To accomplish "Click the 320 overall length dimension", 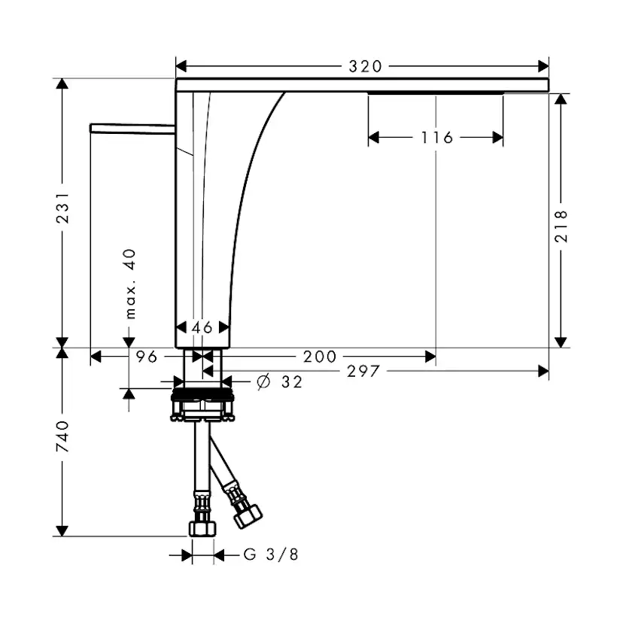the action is tap(365, 66).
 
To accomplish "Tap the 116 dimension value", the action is tap(436, 138).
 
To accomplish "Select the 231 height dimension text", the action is tap(62, 208).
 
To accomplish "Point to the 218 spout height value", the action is tap(561, 226).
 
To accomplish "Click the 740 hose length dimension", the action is tap(62, 436).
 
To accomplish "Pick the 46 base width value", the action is tap(202, 328).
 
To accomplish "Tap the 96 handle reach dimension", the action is tap(147, 357).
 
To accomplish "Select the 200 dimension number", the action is tap(320, 357).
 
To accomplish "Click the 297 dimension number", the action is tap(363, 372).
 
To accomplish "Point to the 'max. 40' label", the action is tap(130, 284).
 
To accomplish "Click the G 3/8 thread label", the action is tap(271, 555).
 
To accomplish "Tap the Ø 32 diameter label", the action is tap(280, 381).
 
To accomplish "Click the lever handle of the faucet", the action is tap(132, 129).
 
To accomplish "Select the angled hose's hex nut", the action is tap(248, 515).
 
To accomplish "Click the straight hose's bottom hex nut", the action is tap(202, 529).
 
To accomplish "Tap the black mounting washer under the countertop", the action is tap(202, 395).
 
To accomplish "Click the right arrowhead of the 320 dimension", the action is tap(543, 66).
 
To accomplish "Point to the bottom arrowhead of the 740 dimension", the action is tap(62, 530).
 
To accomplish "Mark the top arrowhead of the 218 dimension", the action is tap(561, 99).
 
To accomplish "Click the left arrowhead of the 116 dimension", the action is tap(373, 138).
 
